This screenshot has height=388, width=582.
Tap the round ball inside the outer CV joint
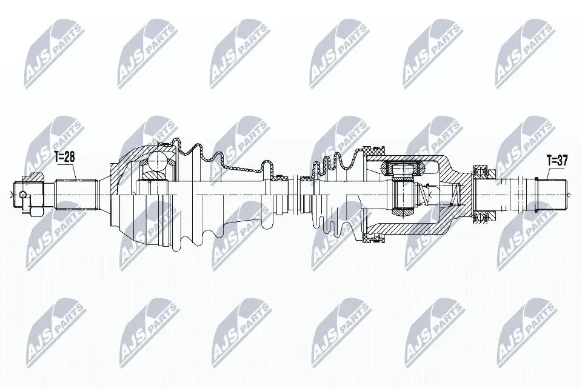pyautogui.click(x=156, y=162)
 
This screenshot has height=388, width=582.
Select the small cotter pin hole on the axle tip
pyautogui.click(x=22, y=195)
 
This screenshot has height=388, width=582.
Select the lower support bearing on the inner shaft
pyautogui.click(x=483, y=216)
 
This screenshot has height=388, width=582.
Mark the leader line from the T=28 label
pyautogui.click(x=75, y=173)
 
